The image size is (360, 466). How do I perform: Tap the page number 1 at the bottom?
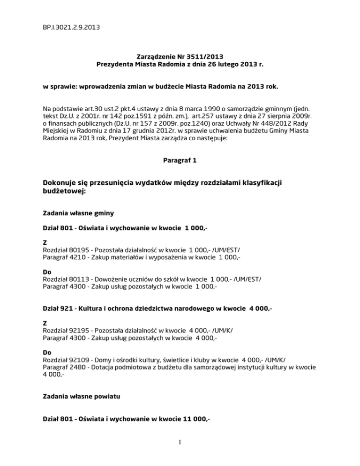(180, 453)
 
